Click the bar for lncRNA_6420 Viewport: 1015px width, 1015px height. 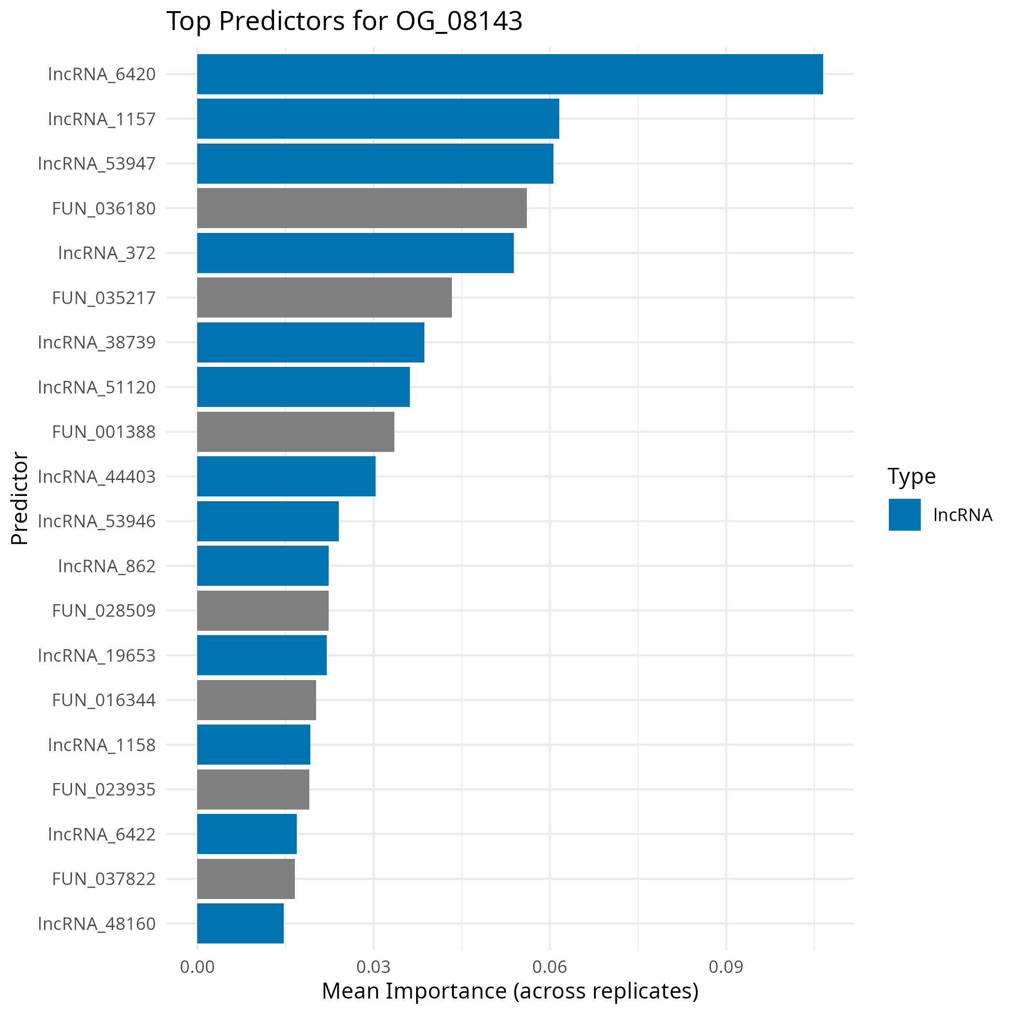[509, 74]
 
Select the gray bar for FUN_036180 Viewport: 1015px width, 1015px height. [362, 208]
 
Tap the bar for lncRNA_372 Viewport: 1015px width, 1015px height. [355, 253]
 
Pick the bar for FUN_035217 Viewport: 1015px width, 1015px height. [324, 297]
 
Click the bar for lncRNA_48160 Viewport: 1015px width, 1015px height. [241, 923]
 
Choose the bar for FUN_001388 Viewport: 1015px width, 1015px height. [296, 431]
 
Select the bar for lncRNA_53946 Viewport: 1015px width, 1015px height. [268, 521]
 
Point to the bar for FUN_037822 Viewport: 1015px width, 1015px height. [246, 878]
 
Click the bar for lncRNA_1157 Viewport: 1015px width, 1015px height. [378, 119]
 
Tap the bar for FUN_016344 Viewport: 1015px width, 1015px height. [256, 700]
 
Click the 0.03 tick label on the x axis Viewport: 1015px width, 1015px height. [373, 967]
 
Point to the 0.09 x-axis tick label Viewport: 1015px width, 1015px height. [725, 967]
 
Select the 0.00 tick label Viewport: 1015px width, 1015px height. [197, 967]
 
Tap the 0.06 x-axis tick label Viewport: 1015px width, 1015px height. [550, 967]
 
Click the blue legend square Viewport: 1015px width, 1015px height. [904, 514]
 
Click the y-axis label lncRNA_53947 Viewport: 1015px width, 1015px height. [97, 163]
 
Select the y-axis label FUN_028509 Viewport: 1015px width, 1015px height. [103, 610]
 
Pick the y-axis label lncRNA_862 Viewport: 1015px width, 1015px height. [107, 566]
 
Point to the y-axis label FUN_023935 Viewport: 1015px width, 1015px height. [103, 789]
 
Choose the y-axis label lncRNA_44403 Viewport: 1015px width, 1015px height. [97, 477]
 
